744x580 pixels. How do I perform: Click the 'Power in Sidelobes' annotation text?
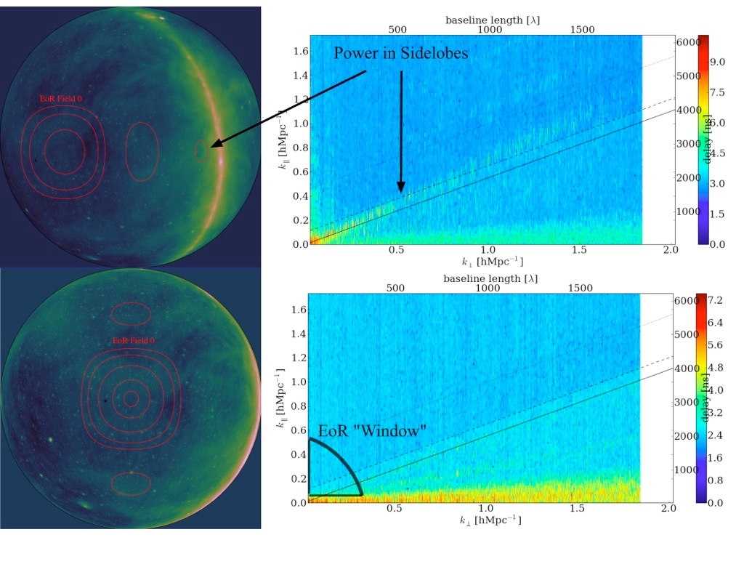(402, 53)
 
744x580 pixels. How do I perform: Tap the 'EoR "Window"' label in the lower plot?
(371, 431)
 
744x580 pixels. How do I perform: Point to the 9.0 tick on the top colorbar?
(718, 63)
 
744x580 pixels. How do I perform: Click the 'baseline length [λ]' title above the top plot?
(493, 19)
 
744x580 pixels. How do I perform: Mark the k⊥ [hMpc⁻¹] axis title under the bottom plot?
(490, 520)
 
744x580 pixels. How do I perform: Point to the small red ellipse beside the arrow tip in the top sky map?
(202, 150)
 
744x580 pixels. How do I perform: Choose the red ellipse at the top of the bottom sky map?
(131, 313)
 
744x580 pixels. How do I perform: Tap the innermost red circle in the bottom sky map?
(131, 398)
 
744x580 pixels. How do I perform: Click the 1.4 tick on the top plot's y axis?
(299, 76)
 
